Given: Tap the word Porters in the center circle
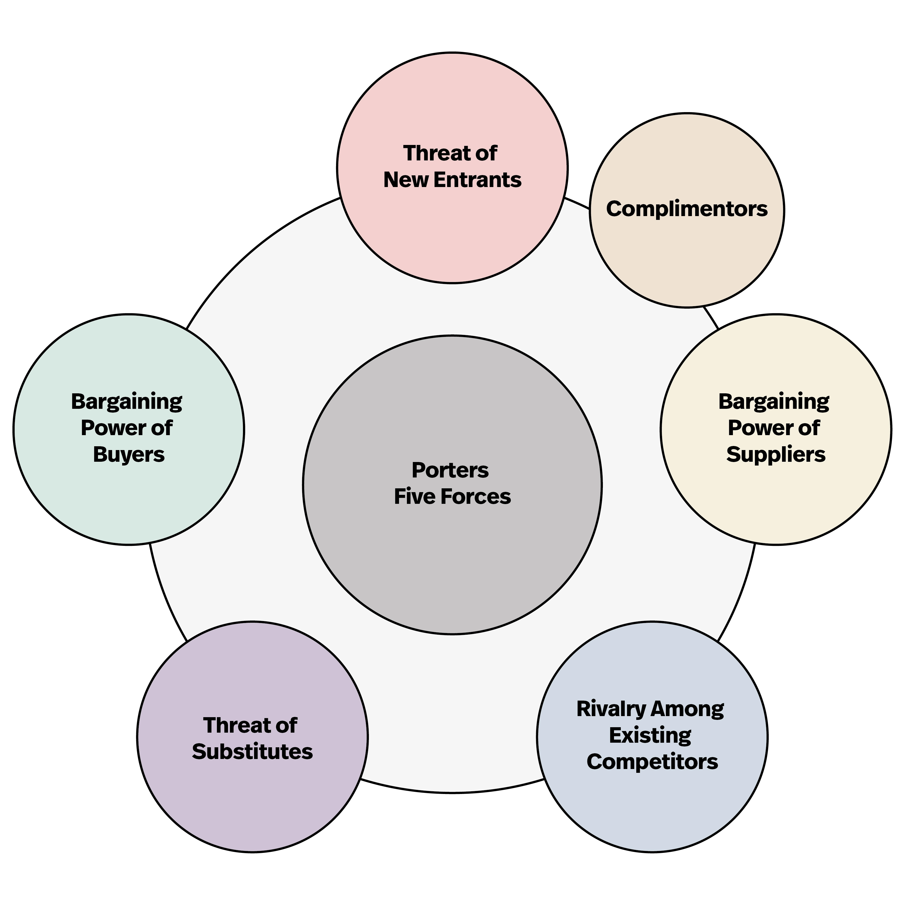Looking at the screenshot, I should pos(450,470).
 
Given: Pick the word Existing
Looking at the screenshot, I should pos(650,735).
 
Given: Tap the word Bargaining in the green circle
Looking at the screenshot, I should pos(126,402).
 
